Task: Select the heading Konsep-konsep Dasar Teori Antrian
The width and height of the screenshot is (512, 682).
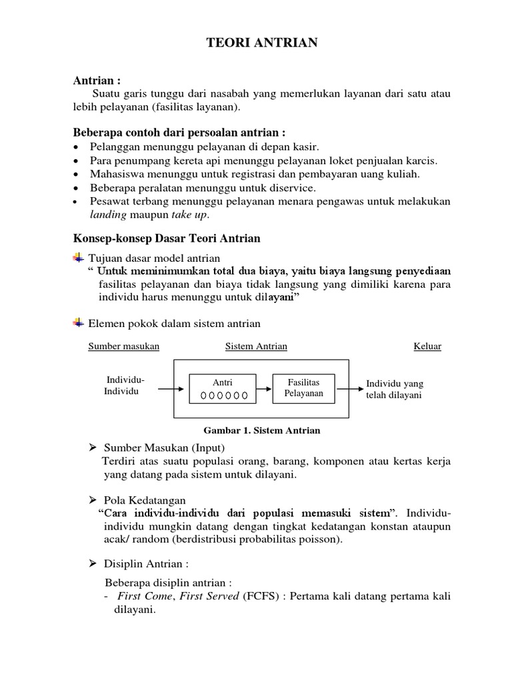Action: click(166, 238)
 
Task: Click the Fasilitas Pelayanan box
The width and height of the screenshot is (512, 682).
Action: click(303, 388)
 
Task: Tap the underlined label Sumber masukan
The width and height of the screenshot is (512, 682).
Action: click(123, 346)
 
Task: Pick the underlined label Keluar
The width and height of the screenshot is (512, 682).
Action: click(427, 346)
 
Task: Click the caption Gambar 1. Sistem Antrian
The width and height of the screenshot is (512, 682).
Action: click(257, 431)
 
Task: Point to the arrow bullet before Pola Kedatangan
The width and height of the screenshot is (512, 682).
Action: click(94, 500)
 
